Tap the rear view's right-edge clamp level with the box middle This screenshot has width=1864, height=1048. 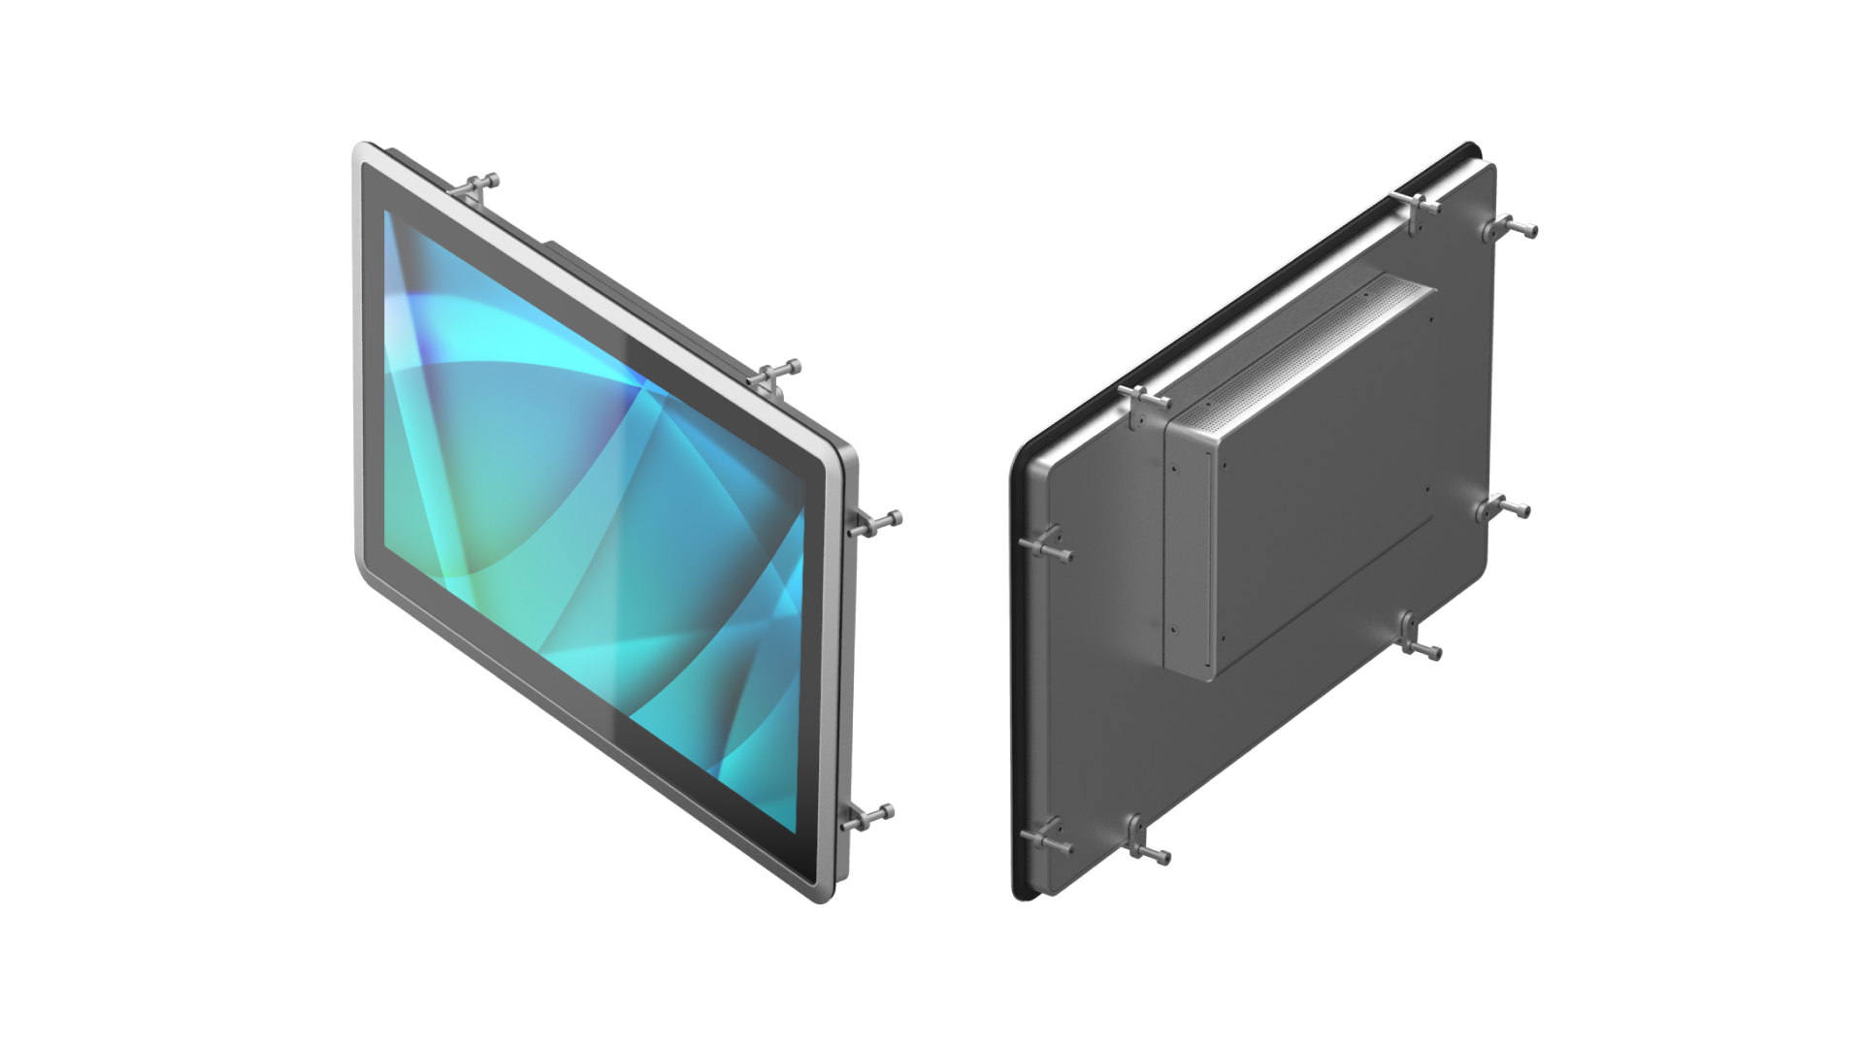tap(1502, 508)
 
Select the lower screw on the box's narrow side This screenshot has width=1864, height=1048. tap(1173, 628)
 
